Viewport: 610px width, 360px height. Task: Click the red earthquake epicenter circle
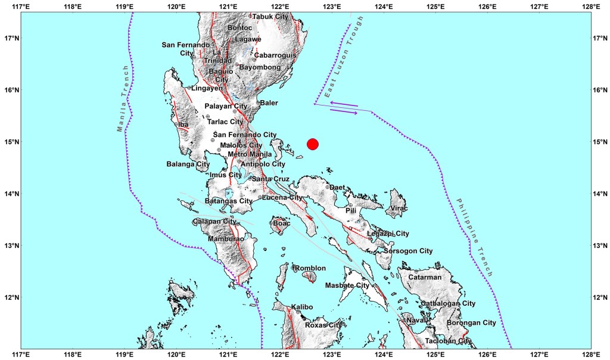point(313,144)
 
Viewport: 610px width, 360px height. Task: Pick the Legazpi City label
point(388,234)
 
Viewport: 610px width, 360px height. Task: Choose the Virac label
point(399,209)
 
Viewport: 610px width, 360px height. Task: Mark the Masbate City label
point(347,286)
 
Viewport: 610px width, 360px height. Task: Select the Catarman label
point(424,277)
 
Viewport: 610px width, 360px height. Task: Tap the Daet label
point(338,188)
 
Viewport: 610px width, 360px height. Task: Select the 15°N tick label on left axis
point(9,142)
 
